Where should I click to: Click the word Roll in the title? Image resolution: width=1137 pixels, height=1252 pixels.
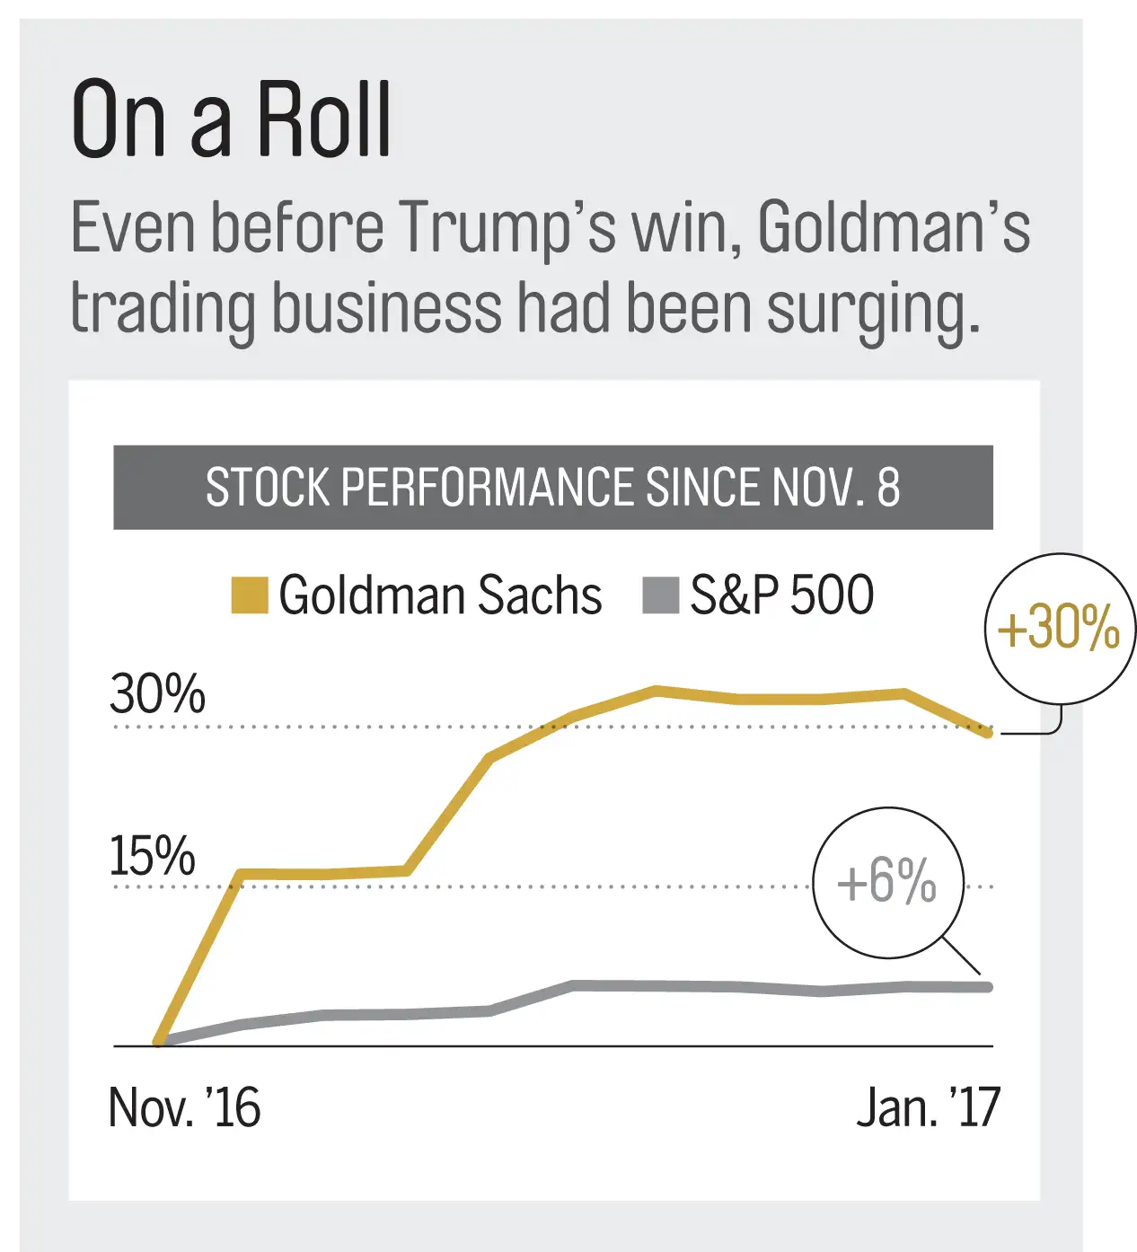point(324,120)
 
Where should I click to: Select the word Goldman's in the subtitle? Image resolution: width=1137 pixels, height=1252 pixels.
point(894,227)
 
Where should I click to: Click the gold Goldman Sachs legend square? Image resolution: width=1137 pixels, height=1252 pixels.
point(249,595)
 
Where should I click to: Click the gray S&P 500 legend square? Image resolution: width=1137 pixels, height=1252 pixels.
point(660,595)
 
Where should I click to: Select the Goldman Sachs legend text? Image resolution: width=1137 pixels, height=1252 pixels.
point(440,595)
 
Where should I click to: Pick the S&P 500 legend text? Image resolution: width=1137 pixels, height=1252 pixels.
point(781,595)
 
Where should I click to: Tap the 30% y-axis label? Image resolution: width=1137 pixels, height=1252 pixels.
point(157,694)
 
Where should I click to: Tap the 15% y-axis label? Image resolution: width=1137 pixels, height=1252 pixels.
point(152,856)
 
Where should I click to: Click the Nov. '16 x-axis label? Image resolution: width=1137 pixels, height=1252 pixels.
point(184,1107)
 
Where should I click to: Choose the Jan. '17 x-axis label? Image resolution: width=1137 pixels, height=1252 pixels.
point(928,1107)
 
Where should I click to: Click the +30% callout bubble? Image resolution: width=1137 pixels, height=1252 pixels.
point(1059,627)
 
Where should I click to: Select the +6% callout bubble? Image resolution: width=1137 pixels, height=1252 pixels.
point(887,882)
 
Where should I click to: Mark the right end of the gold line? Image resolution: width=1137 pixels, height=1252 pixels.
point(989,733)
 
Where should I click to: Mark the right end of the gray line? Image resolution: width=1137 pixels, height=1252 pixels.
point(989,987)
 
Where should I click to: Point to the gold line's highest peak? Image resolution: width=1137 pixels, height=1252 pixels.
point(657,690)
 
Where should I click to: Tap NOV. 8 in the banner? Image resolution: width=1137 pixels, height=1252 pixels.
point(835,488)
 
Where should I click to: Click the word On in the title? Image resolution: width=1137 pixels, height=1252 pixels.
point(119,120)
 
